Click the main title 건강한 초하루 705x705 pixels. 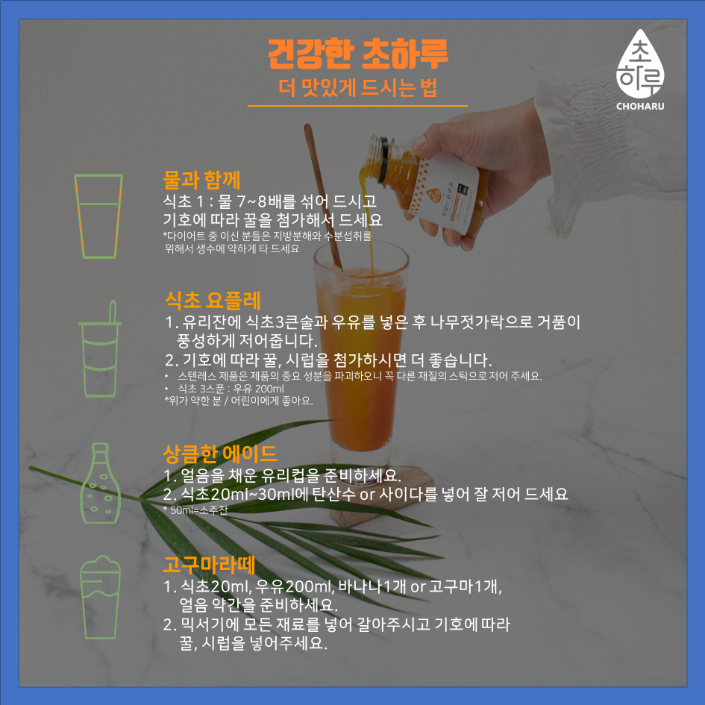(358, 54)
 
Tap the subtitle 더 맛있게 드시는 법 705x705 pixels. (358, 87)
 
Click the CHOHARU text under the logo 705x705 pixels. (640, 107)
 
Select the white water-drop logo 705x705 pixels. (640, 64)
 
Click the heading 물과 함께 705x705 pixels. (201, 180)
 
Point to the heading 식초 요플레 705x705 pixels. (213, 301)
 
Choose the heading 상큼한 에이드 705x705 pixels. (220, 454)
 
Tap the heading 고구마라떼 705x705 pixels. (209, 565)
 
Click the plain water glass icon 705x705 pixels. (98, 216)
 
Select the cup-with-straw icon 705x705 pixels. (99, 349)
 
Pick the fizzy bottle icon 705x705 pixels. (100, 483)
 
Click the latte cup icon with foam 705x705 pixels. (100, 597)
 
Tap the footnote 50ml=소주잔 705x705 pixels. (195, 510)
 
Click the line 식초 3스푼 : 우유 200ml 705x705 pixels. (231, 389)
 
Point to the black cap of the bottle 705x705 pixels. (383, 160)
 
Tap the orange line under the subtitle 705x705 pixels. (357, 106)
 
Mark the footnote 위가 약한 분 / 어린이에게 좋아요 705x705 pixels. (239, 401)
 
